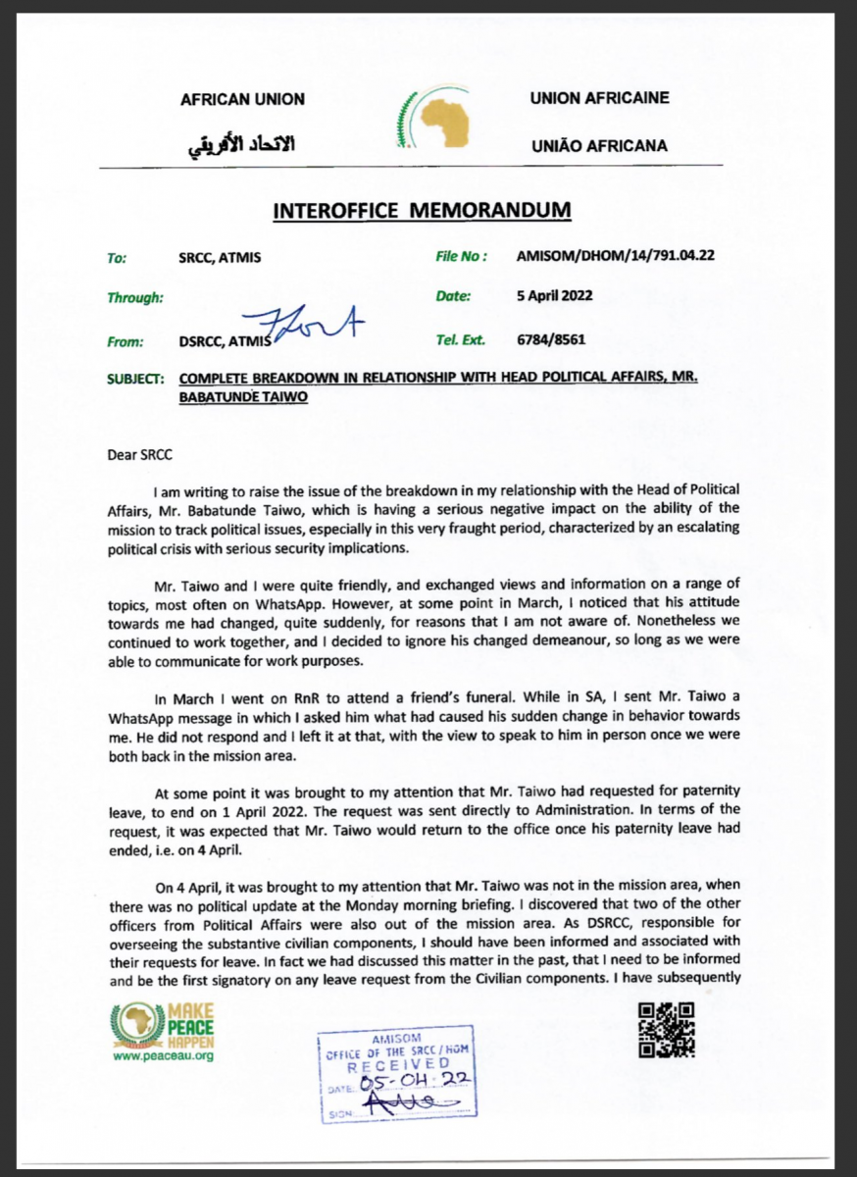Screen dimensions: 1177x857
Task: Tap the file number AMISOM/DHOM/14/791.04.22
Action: click(x=614, y=257)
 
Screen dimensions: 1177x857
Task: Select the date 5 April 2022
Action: click(x=554, y=295)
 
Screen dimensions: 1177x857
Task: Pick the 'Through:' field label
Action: click(x=135, y=296)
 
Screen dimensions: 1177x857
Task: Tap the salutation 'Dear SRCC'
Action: click(x=142, y=456)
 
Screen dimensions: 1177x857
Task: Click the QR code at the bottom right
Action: click(x=667, y=1031)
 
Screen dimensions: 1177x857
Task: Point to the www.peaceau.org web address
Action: click(x=163, y=1056)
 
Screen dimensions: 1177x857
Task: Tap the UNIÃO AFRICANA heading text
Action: click(x=598, y=146)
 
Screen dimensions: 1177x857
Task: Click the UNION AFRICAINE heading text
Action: click(x=599, y=98)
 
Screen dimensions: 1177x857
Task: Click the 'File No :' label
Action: click(x=462, y=257)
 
